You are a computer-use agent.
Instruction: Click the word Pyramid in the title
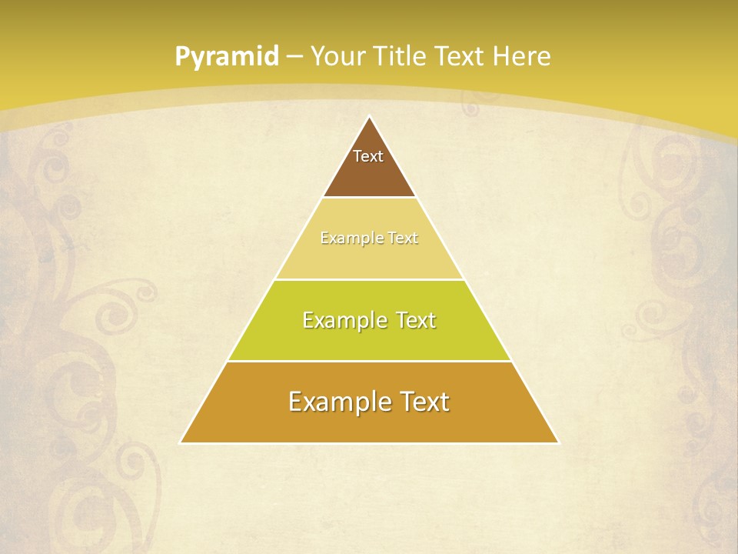point(226,57)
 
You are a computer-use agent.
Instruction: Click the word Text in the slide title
point(462,57)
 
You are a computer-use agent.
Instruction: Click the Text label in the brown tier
point(368,156)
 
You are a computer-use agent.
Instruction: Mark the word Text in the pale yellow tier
point(403,239)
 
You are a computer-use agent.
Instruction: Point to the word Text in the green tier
point(416,320)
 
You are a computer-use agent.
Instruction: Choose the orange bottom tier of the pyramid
point(369,423)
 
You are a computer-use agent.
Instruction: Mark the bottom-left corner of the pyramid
point(181,442)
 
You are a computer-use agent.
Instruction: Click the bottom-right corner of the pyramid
point(557,442)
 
